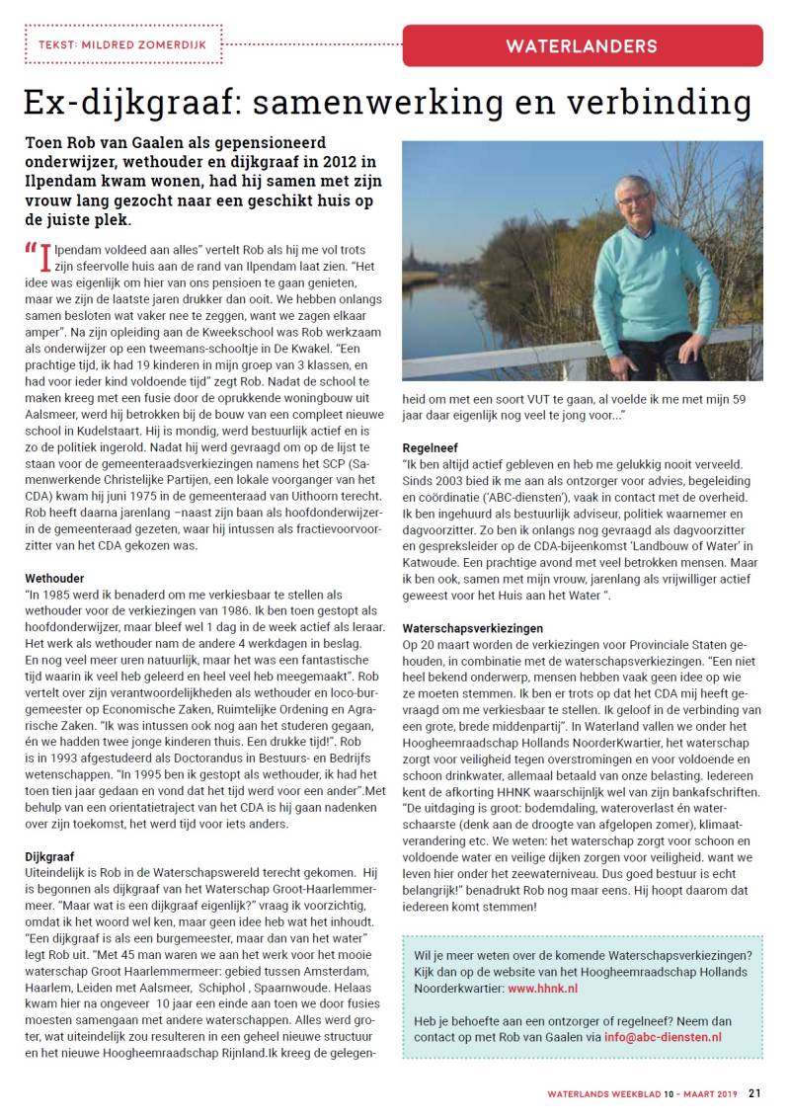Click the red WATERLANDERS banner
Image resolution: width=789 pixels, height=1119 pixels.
click(x=583, y=45)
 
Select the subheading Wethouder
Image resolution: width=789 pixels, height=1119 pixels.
click(x=54, y=577)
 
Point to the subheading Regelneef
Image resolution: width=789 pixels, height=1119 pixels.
click(x=431, y=446)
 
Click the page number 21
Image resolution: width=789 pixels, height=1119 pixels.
click(x=754, y=1093)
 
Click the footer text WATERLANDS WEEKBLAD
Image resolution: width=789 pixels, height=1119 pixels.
click(x=603, y=1093)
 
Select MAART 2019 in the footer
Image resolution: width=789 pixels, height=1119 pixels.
click(x=709, y=1093)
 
